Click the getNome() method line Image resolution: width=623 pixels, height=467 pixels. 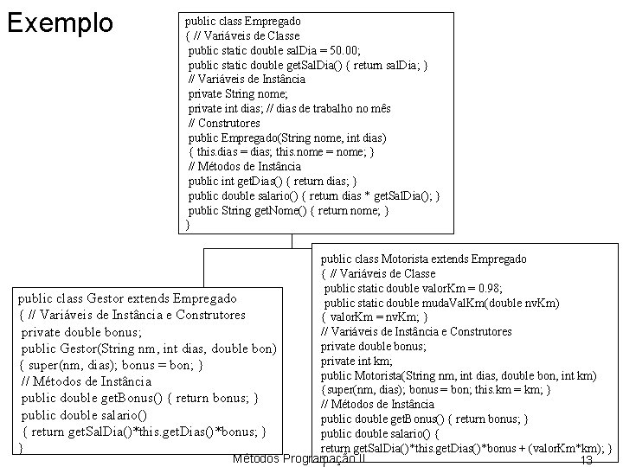point(288,210)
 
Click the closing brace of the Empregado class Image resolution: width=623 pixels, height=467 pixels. point(188,225)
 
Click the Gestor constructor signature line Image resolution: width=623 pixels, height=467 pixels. point(148,348)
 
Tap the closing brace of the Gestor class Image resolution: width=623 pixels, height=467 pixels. point(21,448)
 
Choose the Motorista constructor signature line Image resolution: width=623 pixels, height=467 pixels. point(458,375)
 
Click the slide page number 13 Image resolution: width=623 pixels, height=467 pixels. point(586,459)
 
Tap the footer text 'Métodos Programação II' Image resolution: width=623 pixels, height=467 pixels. point(299,457)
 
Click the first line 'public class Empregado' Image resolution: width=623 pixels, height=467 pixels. point(241,20)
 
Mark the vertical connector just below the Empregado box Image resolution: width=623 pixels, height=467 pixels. point(292,241)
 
